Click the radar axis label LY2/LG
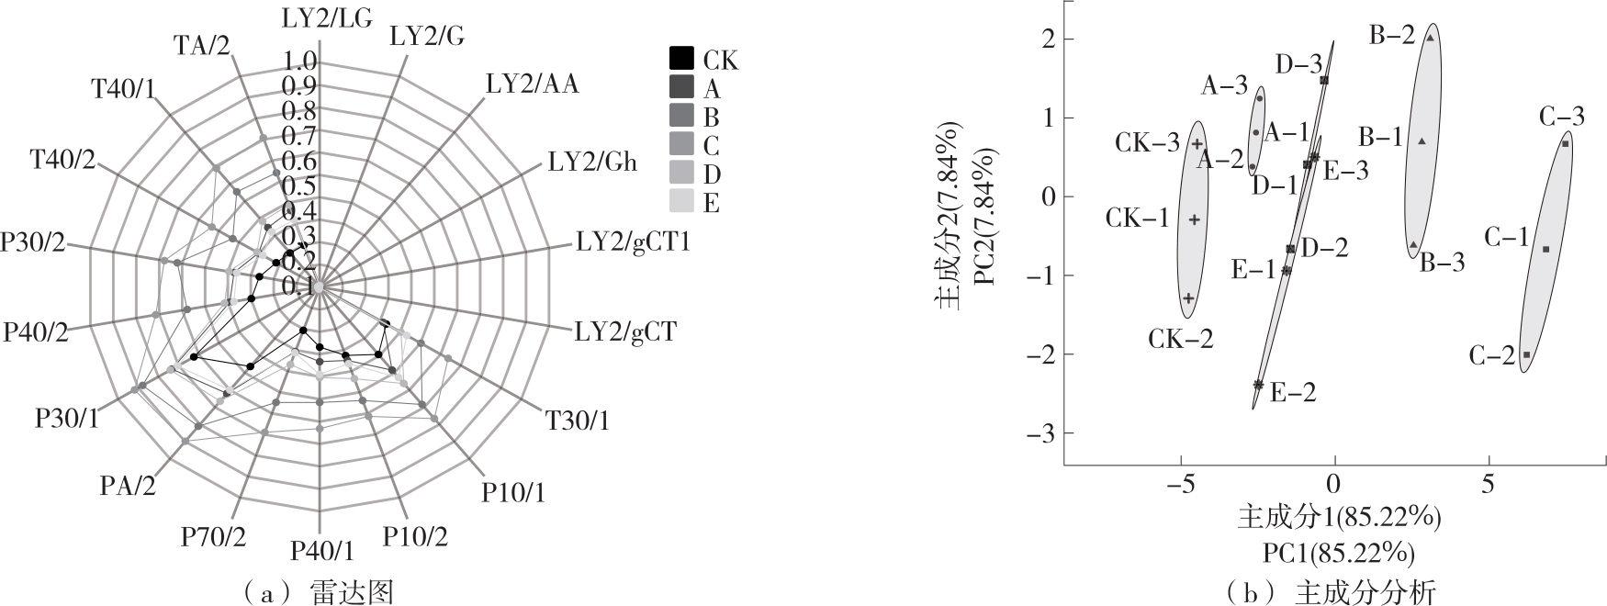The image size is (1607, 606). point(326,15)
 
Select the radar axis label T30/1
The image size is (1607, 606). point(578,421)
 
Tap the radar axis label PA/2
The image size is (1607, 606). point(128,485)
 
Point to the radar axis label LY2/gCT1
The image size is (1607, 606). point(634,244)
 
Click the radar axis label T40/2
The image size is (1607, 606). point(62,160)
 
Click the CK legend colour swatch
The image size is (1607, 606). point(680,58)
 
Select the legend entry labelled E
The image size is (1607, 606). point(711,203)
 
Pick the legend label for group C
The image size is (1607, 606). point(711,146)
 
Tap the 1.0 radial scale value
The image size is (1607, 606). point(300,62)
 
